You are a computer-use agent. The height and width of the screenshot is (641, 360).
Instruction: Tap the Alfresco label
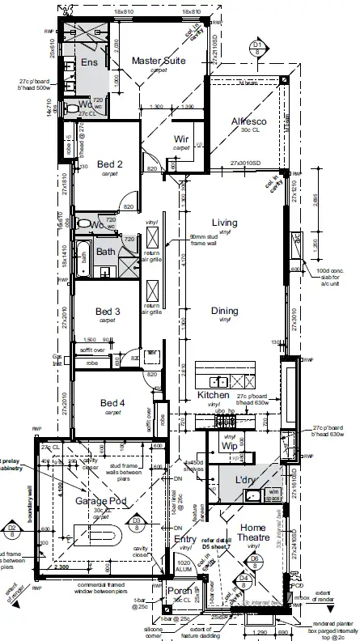pos(248,121)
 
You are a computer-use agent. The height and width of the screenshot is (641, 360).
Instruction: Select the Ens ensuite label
pos(89,63)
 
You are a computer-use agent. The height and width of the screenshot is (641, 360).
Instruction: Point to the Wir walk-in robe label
pos(182,139)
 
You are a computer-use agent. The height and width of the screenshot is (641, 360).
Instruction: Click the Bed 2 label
pos(109,164)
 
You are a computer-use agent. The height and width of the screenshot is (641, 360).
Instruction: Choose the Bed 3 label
pos(108,311)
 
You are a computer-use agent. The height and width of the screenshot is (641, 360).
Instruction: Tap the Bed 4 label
pos(112,403)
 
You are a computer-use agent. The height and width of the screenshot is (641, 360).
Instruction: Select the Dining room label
pos(225,310)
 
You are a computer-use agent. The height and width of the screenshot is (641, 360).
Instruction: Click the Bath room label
pos(107,251)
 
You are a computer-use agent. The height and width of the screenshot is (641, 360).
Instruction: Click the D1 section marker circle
pos(257,45)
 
